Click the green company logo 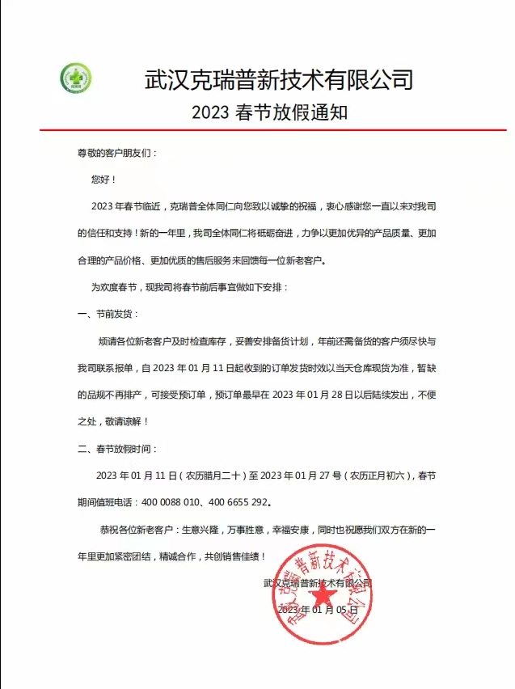(x=76, y=79)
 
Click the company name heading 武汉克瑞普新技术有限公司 (x=279, y=79)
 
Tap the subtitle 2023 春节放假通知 (x=269, y=112)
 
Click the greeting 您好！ (x=104, y=180)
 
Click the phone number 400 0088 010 (x=175, y=501)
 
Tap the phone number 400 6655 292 (x=240, y=501)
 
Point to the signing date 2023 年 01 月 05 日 (x=316, y=610)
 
